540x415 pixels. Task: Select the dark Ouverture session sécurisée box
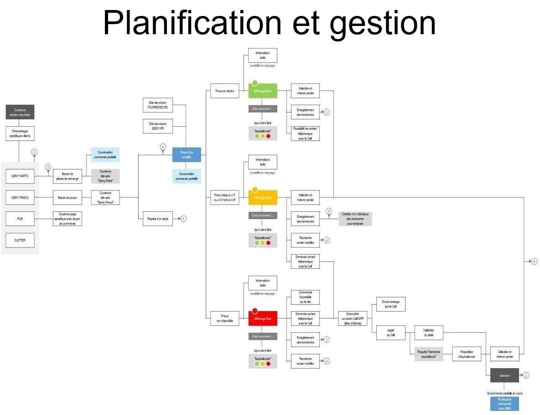tap(20, 112)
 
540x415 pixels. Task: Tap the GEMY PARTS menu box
tap(20, 175)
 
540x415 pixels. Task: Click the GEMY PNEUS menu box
tap(20, 197)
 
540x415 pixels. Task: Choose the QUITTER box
tap(20, 240)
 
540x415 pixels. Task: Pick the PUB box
tap(20, 219)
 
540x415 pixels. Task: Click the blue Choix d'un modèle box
tap(187, 155)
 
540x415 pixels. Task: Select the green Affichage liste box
tap(263, 91)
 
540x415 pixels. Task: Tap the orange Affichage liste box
tap(263, 197)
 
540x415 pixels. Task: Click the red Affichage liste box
tap(263, 318)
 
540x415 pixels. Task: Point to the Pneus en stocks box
tap(224, 91)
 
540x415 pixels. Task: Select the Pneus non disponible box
tap(224, 318)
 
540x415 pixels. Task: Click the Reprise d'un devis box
tap(158, 219)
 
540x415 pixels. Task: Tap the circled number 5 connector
tap(183, 219)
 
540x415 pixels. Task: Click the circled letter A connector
tap(535, 261)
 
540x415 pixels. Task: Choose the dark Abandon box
tap(504, 375)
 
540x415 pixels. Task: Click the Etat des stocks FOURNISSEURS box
tap(158, 105)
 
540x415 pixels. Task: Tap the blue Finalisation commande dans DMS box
tap(504, 404)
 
